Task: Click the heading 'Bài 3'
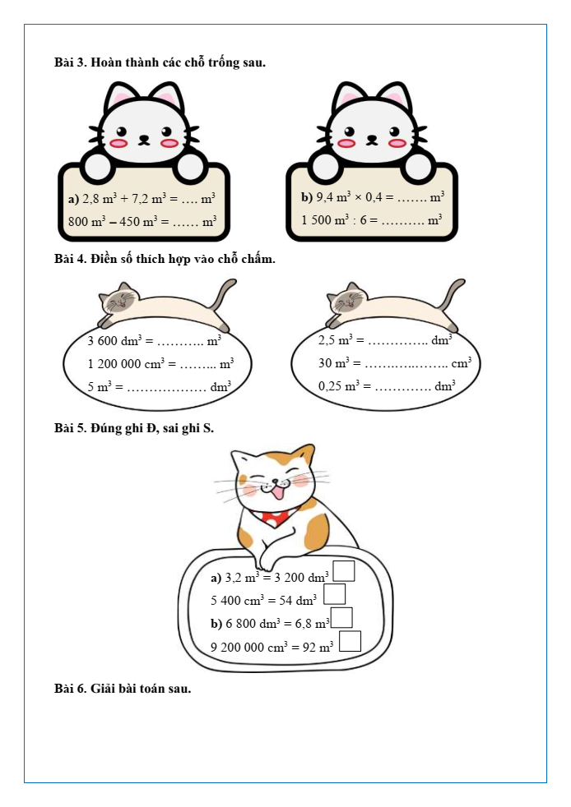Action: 71,62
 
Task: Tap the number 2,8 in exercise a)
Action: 91,199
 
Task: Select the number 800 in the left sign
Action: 78,222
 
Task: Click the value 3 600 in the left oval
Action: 103,341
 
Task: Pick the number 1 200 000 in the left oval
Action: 114,364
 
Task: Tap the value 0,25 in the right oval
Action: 330,386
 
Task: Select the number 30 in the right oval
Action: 325,363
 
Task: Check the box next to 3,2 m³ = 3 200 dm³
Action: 344,571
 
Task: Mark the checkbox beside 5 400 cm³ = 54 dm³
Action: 335,594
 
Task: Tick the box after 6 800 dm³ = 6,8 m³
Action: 341,618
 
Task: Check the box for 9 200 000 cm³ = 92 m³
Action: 350,641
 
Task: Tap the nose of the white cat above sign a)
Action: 144,138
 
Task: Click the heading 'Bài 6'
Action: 71,689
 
